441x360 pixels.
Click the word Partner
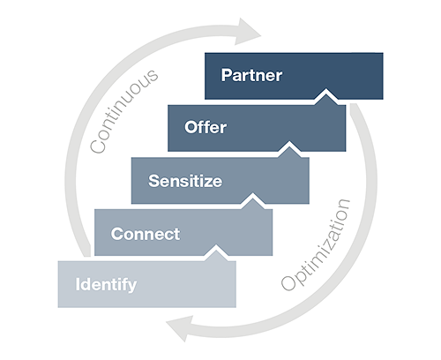coord(251,75)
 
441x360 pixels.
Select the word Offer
coord(206,127)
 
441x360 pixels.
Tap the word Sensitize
coord(185,181)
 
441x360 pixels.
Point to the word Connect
coord(146,234)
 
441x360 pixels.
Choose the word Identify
coord(106,285)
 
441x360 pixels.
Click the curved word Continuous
coord(123,111)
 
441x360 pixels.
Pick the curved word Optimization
coord(316,244)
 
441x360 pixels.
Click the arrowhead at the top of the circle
coord(247,32)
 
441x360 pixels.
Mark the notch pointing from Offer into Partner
coord(326,95)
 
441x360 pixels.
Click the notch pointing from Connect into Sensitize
coord(253,200)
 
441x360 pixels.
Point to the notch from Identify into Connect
coord(216,252)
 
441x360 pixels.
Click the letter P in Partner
coord(226,75)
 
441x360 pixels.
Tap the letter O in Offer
coord(191,127)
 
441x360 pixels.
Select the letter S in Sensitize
coord(153,181)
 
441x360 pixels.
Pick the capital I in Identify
coord(78,284)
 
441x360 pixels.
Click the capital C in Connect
coord(116,234)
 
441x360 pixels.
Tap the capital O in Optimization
coord(288,283)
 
